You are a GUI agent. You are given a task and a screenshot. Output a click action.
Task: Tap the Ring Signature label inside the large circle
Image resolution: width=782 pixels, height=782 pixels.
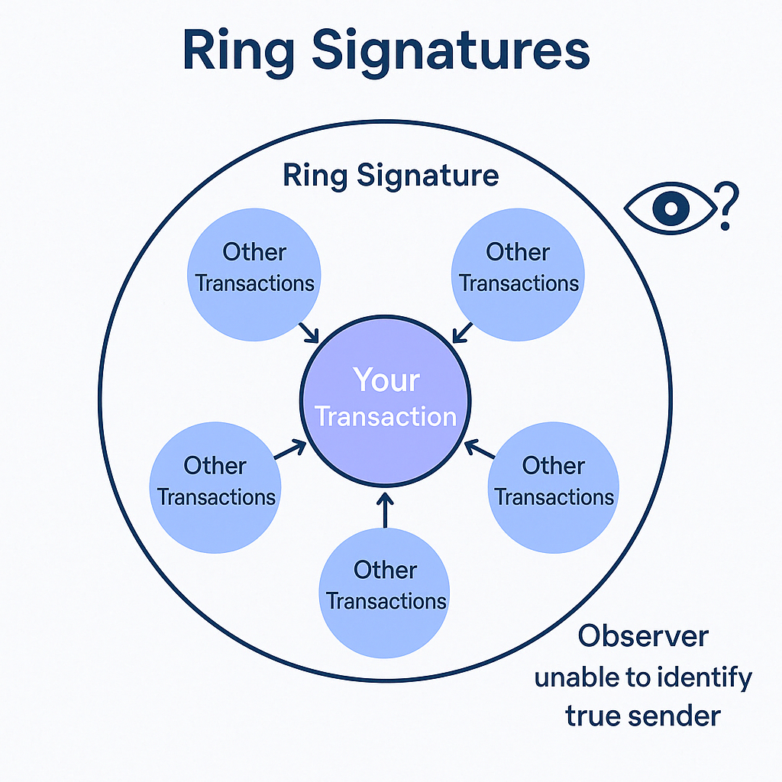tap(390, 176)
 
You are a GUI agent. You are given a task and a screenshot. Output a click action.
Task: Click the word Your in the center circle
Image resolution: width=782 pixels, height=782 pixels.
tap(386, 380)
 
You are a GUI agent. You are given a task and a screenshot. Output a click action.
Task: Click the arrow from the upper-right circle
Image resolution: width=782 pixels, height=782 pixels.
tap(464, 332)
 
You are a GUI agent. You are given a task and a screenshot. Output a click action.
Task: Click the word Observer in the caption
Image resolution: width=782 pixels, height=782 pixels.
tap(643, 635)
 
